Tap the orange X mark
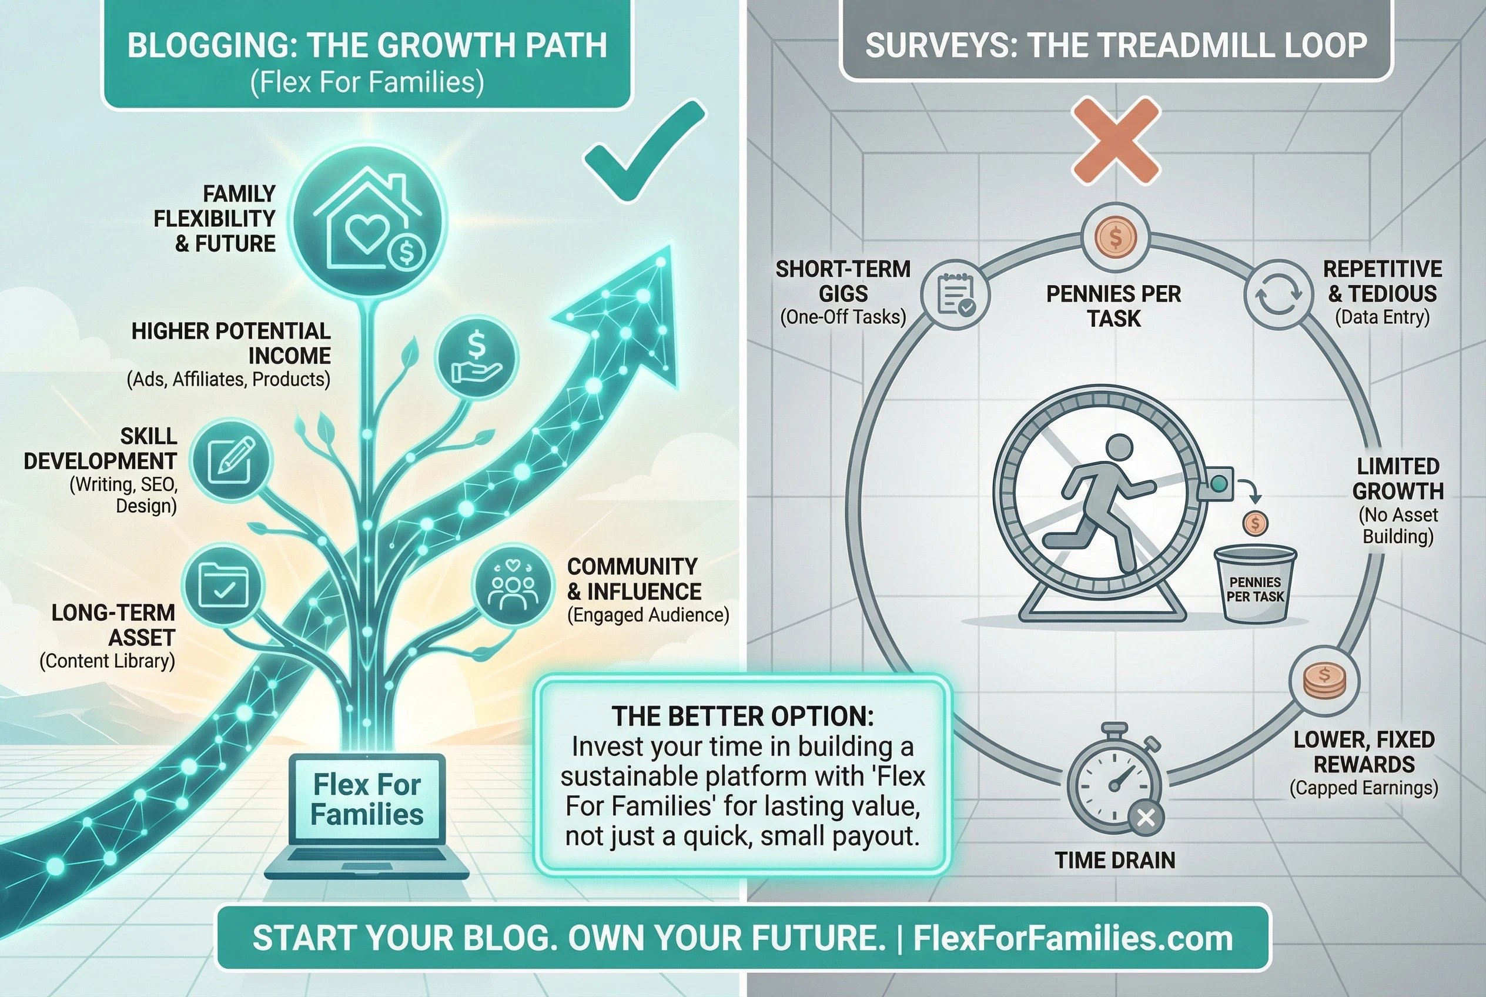1116,140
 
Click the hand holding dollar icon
477,359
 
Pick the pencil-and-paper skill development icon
232,459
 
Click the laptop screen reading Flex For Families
367,799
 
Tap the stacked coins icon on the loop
1324,681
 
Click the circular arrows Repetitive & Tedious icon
1278,295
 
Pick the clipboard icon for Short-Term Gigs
956,295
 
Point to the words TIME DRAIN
1115,860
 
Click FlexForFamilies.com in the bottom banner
1073,938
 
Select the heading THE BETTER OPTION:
742,717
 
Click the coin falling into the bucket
1254,523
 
